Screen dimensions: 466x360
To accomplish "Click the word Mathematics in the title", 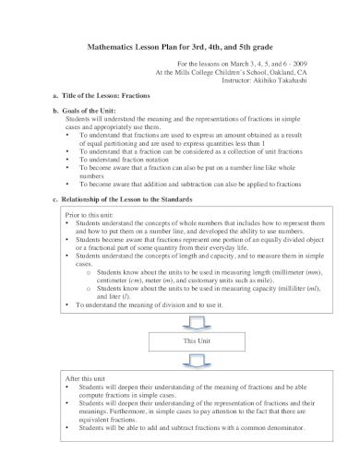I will point(114,47).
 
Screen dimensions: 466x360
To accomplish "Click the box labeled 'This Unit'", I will point(197,341).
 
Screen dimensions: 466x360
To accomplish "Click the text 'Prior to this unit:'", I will point(92,213).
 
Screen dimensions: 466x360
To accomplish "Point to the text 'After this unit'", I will point(89,378).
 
